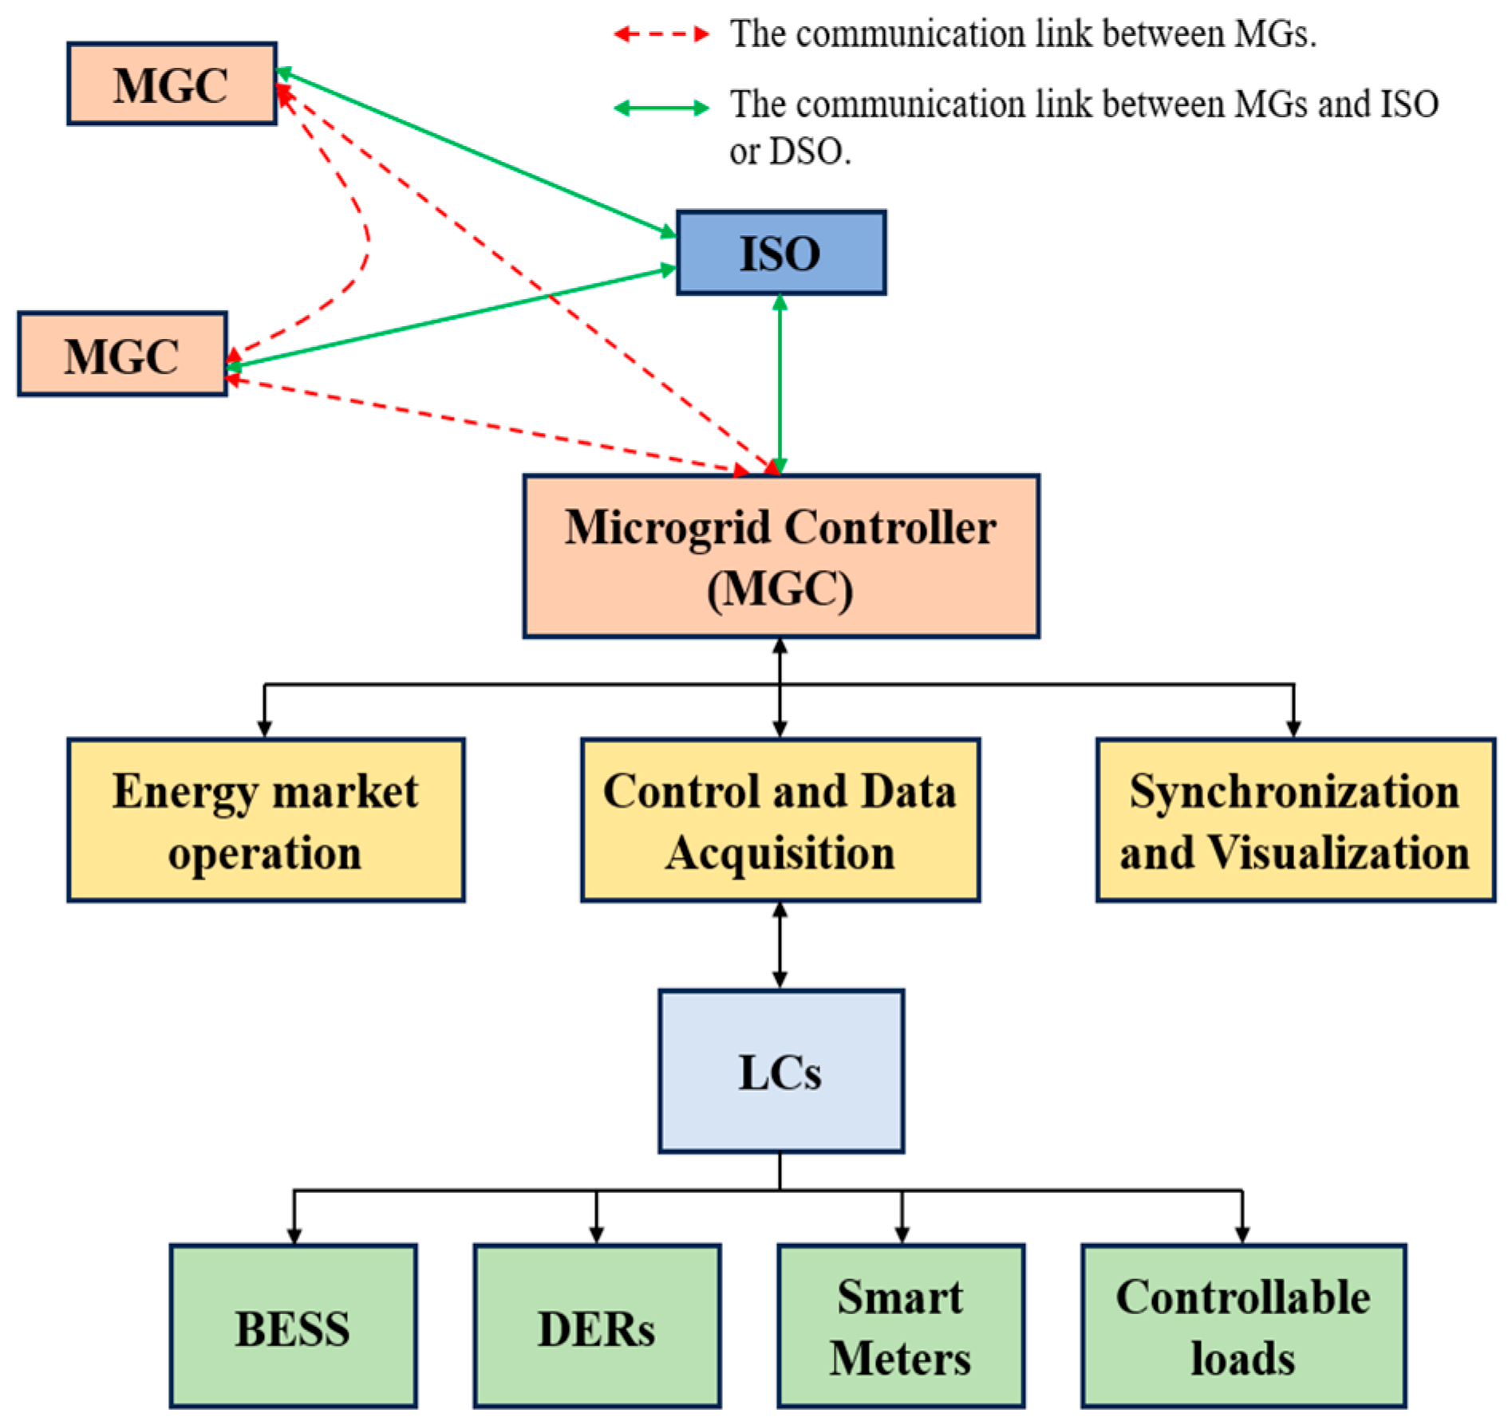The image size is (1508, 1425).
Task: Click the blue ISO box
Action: [x=780, y=253]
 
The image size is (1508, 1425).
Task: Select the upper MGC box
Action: [x=172, y=84]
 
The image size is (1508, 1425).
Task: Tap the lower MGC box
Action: [x=122, y=354]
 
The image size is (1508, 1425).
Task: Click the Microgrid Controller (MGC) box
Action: [x=780, y=556]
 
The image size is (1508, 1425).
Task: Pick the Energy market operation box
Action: [x=266, y=820]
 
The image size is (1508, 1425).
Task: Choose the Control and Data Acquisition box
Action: [x=780, y=820]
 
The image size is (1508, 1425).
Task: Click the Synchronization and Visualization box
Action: [x=1294, y=820]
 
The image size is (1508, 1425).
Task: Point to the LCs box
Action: [x=780, y=1071]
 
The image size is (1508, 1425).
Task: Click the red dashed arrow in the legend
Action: [x=661, y=34]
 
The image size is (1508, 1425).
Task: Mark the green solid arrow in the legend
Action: [x=661, y=108]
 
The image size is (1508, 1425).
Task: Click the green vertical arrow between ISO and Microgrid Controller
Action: [x=780, y=383]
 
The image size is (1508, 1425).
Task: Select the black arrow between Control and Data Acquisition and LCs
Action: [x=780, y=945]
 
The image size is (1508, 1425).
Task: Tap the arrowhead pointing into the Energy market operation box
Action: [x=264, y=728]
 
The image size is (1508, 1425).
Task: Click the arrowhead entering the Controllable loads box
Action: [x=1242, y=1234]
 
